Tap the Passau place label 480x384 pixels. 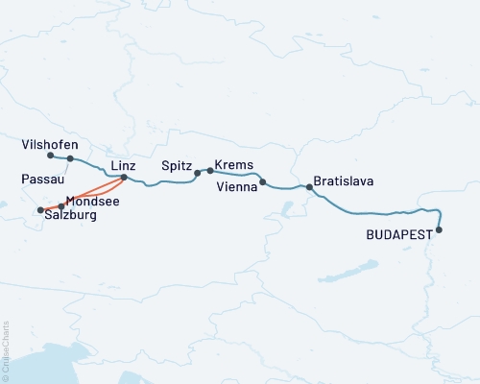tap(39, 180)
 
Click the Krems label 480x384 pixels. tap(233, 165)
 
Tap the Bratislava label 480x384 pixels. tap(344, 180)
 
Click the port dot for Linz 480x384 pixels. tap(124, 178)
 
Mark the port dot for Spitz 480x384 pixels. tap(198, 174)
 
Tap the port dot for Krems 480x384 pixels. tap(210, 171)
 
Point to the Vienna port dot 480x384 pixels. tap(262, 180)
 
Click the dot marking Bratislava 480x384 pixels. tap(308, 187)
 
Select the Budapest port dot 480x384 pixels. tap(439, 229)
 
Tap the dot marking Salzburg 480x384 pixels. tap(40, 210)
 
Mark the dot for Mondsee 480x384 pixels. tap(61, 206)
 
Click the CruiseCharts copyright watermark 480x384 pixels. tap(6, 351)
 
